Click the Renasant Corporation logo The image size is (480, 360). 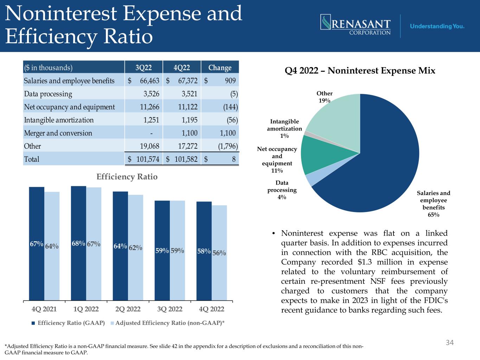click(356, 25)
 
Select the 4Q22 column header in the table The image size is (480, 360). click(182, 67)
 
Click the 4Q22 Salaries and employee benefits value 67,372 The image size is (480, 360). click(188, 81)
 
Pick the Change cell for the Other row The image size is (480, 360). click(228, 146)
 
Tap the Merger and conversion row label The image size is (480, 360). click(58, 133)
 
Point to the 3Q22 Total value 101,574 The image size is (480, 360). click(148, 159)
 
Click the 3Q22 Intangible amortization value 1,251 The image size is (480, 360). click(151, 120)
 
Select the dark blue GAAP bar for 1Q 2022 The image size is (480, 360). click(78, 243)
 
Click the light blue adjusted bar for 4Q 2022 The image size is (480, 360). click(219, 253)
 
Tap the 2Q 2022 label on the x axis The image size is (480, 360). click(128, 309)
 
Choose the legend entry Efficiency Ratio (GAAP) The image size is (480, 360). click(68, 323)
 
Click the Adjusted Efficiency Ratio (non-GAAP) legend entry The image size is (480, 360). click(167, 323)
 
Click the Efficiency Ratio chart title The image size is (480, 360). click(127, 176)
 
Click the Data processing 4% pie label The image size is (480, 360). click(282, 190)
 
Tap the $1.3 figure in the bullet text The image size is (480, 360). click(365, 262)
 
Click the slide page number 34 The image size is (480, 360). click(450, 342)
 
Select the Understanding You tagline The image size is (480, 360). click(437, 26)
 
